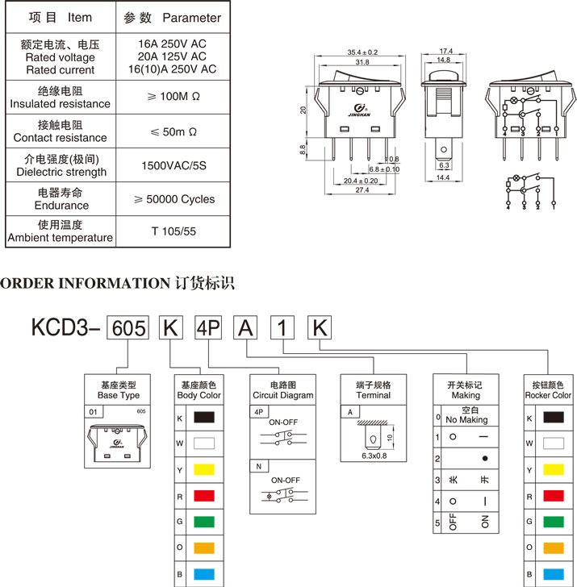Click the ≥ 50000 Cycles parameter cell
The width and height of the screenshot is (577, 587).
tap(174, 198)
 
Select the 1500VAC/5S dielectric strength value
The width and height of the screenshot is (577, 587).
tap(174, 165)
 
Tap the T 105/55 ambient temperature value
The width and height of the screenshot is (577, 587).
tap(174, 231)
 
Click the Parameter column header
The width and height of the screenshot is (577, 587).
tap(173, 17)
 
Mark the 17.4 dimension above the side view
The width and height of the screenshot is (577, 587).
tap(445, 50)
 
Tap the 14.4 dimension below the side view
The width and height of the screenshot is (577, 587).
tap(444, 177)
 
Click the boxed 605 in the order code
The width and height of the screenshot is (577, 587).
tap(128, 327)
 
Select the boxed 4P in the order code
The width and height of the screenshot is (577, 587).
tap(208, 327)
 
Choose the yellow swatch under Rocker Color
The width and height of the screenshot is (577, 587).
tap(553, 469)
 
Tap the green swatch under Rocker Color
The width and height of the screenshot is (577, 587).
tap(553, 521)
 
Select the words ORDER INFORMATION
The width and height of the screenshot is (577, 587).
tap(83, 283)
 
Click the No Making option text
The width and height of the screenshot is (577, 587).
tap(467, 420)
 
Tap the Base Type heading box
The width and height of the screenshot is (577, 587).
tap(119, 389)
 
